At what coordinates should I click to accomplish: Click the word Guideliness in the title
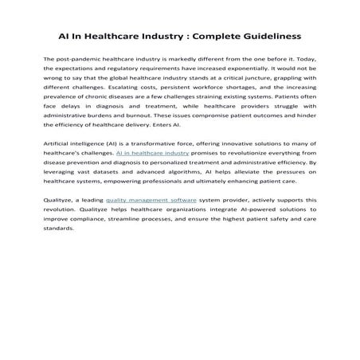(x=266, y=36)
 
